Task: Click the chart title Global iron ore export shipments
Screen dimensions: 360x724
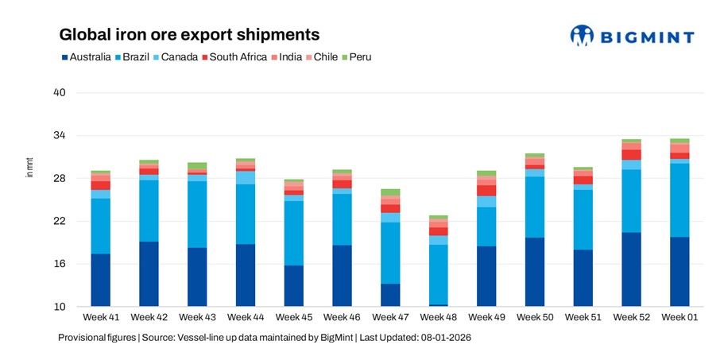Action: coord(190,35)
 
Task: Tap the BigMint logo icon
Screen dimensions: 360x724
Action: coord(582,35)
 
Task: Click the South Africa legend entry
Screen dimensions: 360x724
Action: coord(236,57)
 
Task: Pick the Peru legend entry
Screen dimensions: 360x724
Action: coord(354,57)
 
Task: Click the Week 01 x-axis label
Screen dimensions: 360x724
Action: coord(679,318)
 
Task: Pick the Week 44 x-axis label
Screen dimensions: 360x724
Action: coord(246,318)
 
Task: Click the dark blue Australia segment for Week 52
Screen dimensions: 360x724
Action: coord(631,269)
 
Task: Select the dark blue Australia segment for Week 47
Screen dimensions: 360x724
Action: coord(390,295)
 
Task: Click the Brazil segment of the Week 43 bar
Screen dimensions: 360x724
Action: coord(197,215)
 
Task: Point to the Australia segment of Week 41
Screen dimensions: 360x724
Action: coord(100,280)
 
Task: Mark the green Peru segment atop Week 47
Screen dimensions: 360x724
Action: coord(390,192)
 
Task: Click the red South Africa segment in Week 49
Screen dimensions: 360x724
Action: coord(486,191)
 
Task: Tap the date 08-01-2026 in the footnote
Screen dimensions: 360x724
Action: coord(443,338)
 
